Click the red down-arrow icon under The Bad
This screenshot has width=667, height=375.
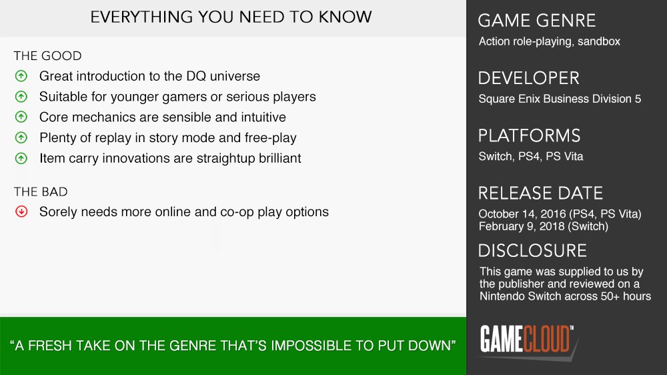coord(21,212)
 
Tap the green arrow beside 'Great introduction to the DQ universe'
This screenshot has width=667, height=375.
coord(21,76)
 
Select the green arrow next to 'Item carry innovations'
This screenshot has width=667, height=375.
coord(21,158)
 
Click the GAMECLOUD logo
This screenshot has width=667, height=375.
coord(528,340)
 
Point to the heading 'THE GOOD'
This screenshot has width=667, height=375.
coord(47,56)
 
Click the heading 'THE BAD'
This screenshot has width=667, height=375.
coord(41,192)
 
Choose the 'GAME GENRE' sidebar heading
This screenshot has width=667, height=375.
coord(537,21)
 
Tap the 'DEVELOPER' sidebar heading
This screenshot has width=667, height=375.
coord(529,78)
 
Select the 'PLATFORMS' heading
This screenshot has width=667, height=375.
coord(529,135)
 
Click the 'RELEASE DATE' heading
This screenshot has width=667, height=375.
coord(541,194)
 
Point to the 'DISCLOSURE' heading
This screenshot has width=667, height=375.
coord(532,251)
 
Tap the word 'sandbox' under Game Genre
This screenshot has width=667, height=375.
coord(599,41)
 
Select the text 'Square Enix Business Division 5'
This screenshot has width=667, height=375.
coord(560,99)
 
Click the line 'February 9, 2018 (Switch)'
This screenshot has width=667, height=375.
coord(543,226)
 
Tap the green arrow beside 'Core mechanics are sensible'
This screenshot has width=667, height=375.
coord(21,117)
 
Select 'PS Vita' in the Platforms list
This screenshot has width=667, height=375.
coord(564,156)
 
